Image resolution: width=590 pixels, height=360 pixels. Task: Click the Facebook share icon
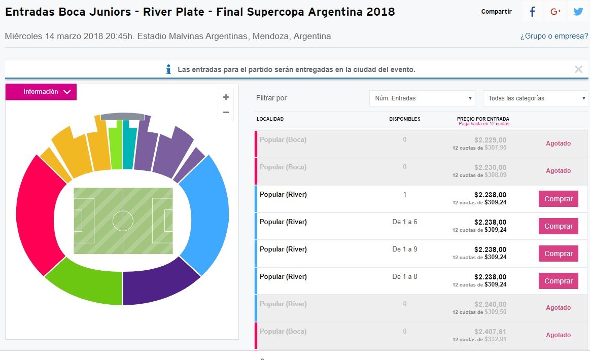(532, 12)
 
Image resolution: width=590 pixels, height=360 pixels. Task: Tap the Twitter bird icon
(578, 12)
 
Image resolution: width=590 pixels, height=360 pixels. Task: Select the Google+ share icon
(556, 12)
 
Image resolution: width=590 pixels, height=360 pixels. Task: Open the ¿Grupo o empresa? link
(554, 37)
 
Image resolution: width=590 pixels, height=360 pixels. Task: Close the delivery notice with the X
(578, 69)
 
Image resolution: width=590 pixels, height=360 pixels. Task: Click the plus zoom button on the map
(226, 97)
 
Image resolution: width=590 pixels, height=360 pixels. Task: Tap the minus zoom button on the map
(226, 113)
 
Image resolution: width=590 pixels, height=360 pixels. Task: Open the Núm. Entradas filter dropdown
(422, 98)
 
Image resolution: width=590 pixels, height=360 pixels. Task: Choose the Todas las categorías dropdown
(535, 98)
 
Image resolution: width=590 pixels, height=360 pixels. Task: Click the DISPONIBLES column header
(404, 119)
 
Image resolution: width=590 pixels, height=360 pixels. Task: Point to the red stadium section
(33, 218)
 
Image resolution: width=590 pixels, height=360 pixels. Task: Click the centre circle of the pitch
(123, 221)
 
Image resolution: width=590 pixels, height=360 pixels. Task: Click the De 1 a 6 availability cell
(404, 222)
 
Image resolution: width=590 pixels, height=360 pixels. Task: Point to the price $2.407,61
(490, 332)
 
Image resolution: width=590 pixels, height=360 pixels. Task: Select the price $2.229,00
(490, 140)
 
